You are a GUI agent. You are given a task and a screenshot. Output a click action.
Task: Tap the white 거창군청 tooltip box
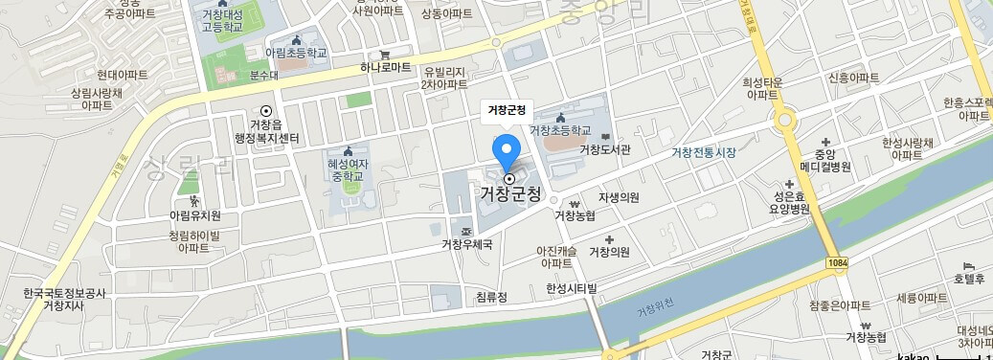[x=508, y=110]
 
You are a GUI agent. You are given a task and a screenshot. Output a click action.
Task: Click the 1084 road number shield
[x=835, y=261]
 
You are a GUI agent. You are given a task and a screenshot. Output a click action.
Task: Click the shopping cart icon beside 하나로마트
[x=384, y=54]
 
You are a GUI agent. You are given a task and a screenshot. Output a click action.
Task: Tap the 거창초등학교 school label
[x=560, y=129]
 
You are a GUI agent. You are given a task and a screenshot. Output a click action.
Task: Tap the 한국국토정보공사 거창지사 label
[x=65, y=300]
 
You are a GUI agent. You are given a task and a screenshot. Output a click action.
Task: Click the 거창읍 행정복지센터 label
[x=267, y=132]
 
